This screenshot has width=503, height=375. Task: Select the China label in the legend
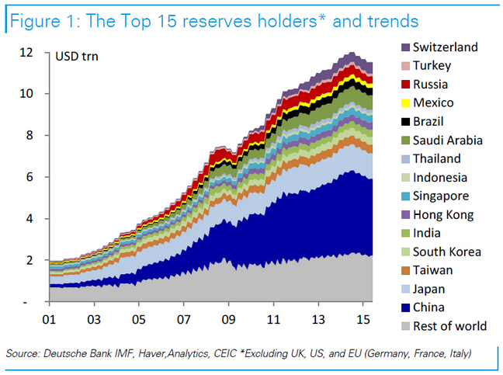429,307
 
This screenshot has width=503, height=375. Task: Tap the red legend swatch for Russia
404,84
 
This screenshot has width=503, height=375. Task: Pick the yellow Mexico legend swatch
404,102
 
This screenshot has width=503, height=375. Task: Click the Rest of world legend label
449,325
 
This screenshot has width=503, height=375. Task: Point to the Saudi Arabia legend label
448,140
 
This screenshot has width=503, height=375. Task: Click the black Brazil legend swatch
404,121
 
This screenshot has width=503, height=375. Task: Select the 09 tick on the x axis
228,318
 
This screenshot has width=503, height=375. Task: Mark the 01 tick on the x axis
48,318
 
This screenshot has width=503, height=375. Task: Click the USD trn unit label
76,55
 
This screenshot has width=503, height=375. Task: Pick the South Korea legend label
447,252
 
